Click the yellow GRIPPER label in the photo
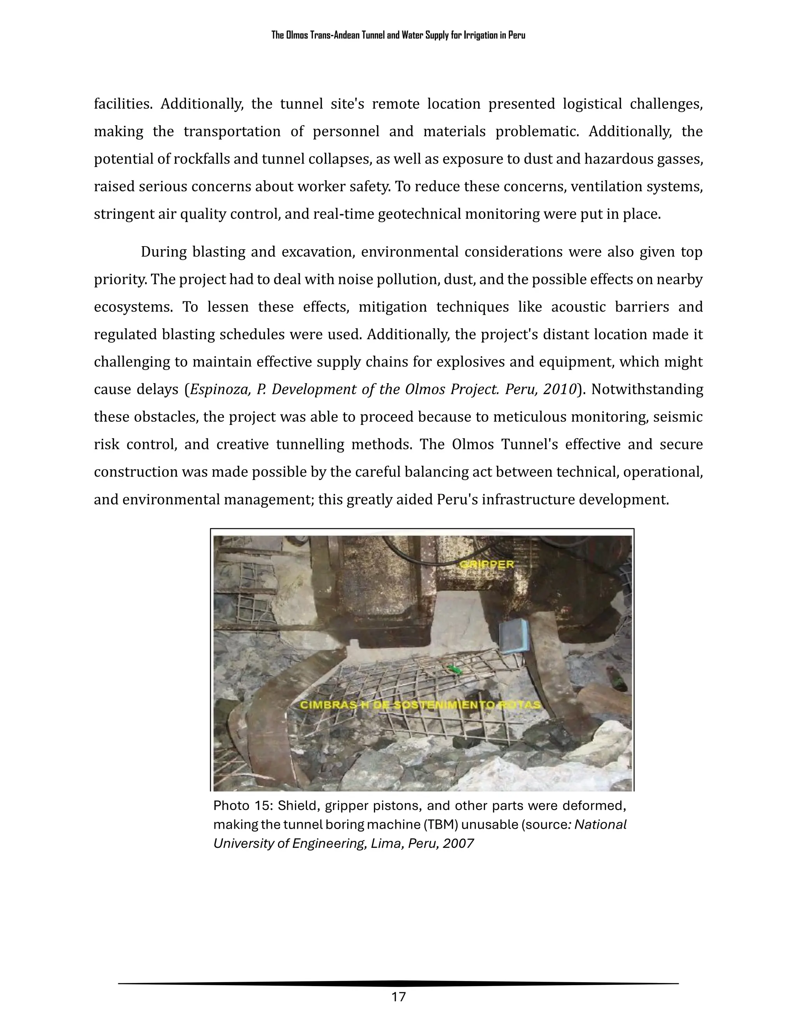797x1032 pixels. pos(486,564)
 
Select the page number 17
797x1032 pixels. pos(398,997)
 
